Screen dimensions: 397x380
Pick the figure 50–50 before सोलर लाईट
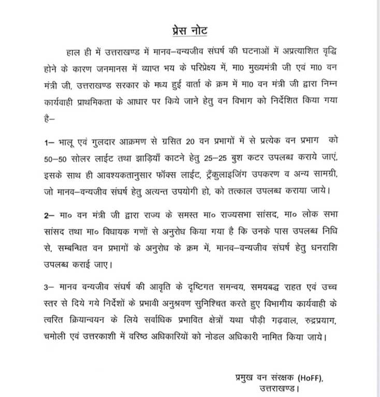[x=57, y=157]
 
